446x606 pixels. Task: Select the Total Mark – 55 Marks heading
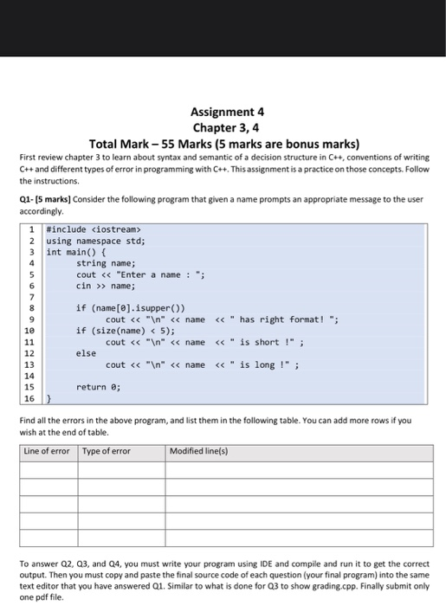[224, 143]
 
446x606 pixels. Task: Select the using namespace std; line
[96, 241]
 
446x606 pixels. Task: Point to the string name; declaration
[106, 263]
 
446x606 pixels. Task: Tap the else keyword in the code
[87, 352]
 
